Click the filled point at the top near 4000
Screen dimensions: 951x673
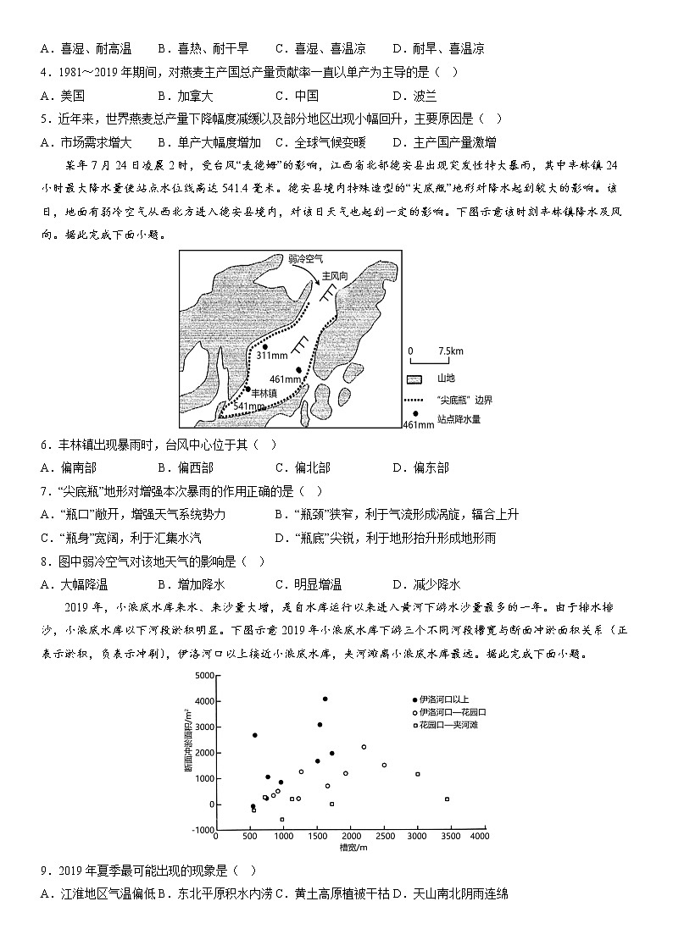pyautogui.click(x=325, y=699)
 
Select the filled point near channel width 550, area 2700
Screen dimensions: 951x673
pyautogui.click(x=254, y=735)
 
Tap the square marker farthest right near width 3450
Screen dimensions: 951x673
pyautogui.click(x=447, y=799)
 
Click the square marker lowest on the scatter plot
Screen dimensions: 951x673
pyautogui.click(x=282, y=819)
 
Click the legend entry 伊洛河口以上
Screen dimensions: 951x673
pyautogui.click(x=446, y=699)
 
